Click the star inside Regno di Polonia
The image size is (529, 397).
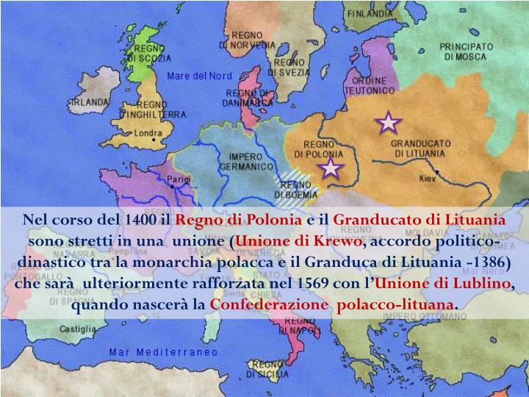(331, 168)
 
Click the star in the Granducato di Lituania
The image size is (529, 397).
(388, 124)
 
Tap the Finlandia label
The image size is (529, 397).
(369, 14)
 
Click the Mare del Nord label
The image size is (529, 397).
(199, 76)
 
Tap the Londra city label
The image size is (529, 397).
(149, 134)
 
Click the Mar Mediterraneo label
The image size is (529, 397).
(164, 351)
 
